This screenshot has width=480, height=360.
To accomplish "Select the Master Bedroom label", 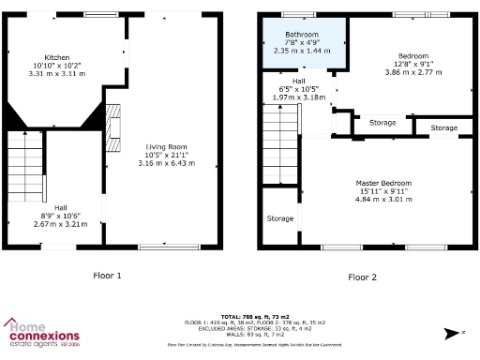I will [383, 183].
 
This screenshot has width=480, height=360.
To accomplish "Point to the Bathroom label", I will [302, 35].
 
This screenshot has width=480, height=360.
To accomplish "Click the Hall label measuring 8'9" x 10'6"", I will [60, 207].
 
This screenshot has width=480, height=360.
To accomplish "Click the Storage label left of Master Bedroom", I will [279, 218].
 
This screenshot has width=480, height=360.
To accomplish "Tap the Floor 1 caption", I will [107, 277].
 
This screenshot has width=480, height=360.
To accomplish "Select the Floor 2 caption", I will [362, 277].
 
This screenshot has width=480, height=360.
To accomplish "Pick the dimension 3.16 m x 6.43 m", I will [165, 163].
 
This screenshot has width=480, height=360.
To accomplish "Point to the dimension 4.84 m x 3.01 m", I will [383, 199].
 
